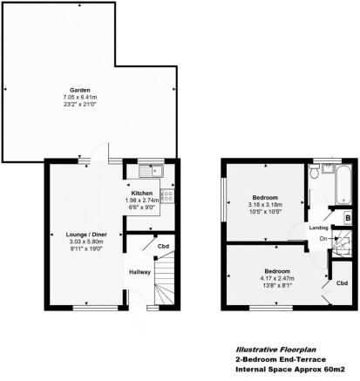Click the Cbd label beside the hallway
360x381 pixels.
pyautogui.click(x=162, y=246)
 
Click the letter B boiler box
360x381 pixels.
pyautogui.click(x=346, y=217)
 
